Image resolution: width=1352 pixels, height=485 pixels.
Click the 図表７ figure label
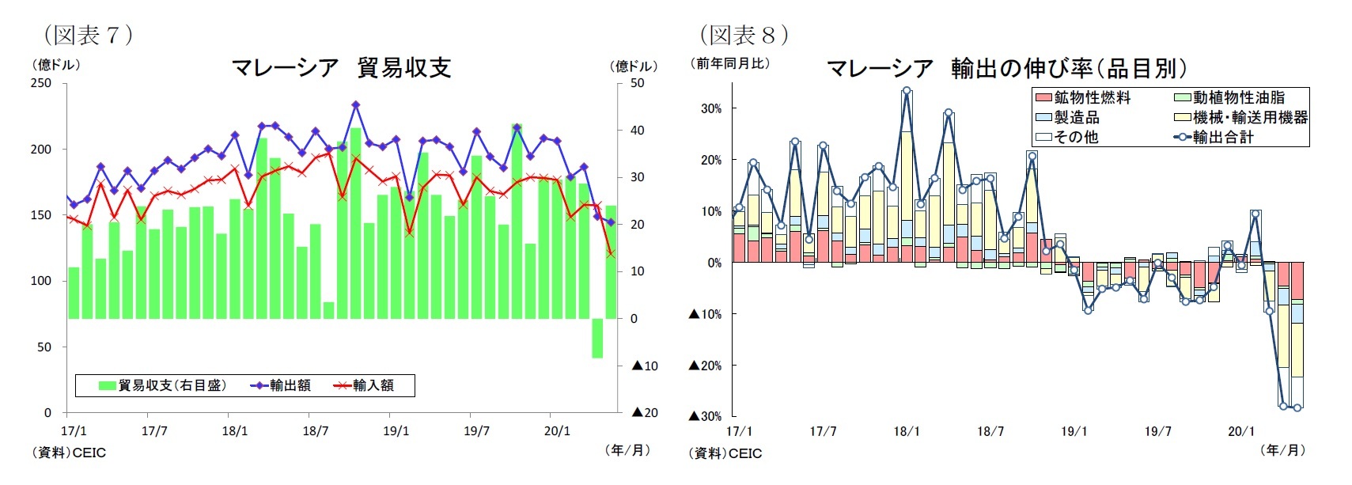pos(88,35)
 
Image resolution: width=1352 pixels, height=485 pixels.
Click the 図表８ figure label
pos(744,35)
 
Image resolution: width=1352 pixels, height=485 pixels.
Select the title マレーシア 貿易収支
pos(341,68)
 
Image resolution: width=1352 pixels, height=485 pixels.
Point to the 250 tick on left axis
pos(41,83)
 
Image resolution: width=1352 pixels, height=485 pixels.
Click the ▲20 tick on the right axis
pos(645,412)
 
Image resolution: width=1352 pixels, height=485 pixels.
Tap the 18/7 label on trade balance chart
pos(315,431)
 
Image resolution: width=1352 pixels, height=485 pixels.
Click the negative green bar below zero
pos(597,338)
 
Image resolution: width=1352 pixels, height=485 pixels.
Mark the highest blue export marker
pos(355,104)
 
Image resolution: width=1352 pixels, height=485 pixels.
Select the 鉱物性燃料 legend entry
pos(1084,97)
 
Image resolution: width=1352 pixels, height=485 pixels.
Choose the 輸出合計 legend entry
pos(1214,137)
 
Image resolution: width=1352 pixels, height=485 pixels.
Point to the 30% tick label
pos(710,108)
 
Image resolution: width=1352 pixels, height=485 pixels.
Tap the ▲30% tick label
pos(706,416)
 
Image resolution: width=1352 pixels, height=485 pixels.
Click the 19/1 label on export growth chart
pos(1074,432)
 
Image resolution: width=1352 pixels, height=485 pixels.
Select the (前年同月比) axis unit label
pos(730,64)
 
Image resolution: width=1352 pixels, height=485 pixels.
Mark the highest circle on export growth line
pos(907,91)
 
